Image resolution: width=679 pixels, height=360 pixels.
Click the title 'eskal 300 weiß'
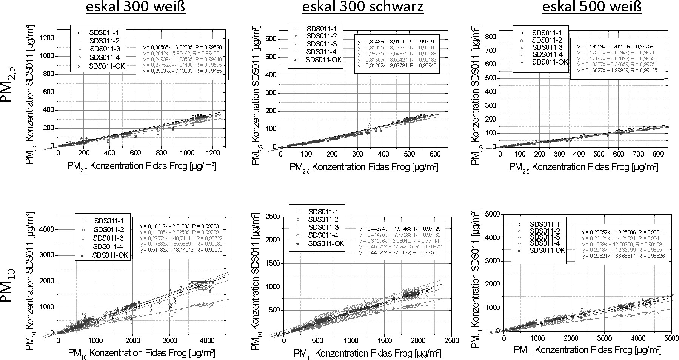tap(135, 8)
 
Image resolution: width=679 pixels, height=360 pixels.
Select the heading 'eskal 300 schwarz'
tap(362, 8)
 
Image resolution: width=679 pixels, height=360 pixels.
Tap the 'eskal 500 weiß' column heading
tap(592, 8)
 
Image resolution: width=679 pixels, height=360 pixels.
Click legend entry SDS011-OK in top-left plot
tap(107, 66)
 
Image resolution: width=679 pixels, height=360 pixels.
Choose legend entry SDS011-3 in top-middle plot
tap(321, 44)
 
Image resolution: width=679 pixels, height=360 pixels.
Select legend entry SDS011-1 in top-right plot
tap(547, 33)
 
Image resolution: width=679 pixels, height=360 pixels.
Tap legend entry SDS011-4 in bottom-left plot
tap(107, 246)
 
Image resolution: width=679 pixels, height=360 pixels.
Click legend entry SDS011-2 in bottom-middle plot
tap(323, 219)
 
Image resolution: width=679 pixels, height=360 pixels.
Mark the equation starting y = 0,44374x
tap(399, 229)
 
